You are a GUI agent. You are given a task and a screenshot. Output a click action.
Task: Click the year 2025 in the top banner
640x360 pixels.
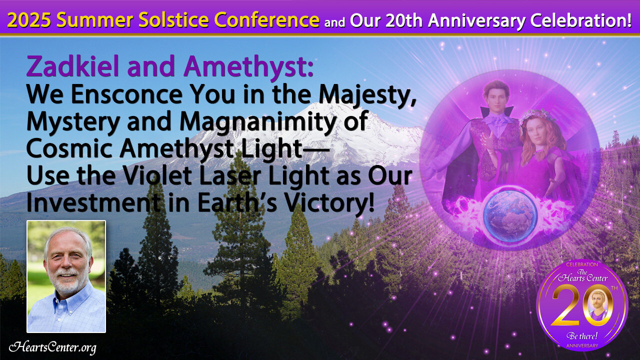tap(29, 20)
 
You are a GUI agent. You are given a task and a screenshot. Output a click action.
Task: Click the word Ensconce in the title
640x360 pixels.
tap(126, 94)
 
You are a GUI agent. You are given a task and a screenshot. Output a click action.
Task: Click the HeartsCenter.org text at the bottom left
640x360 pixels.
tap(52, 347)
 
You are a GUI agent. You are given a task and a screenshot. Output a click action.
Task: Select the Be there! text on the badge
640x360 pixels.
tap(582, 335)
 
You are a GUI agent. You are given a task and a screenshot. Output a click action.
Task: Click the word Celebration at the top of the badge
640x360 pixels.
tap(582, 264)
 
